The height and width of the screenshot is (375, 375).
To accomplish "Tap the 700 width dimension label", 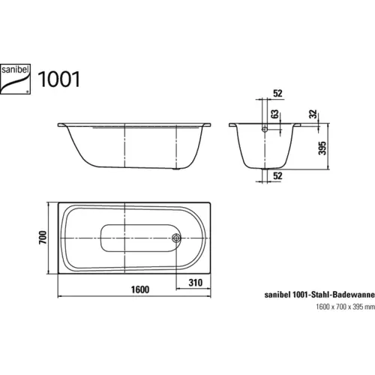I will (44, 238).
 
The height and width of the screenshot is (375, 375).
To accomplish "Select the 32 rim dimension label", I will (310, 116).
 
